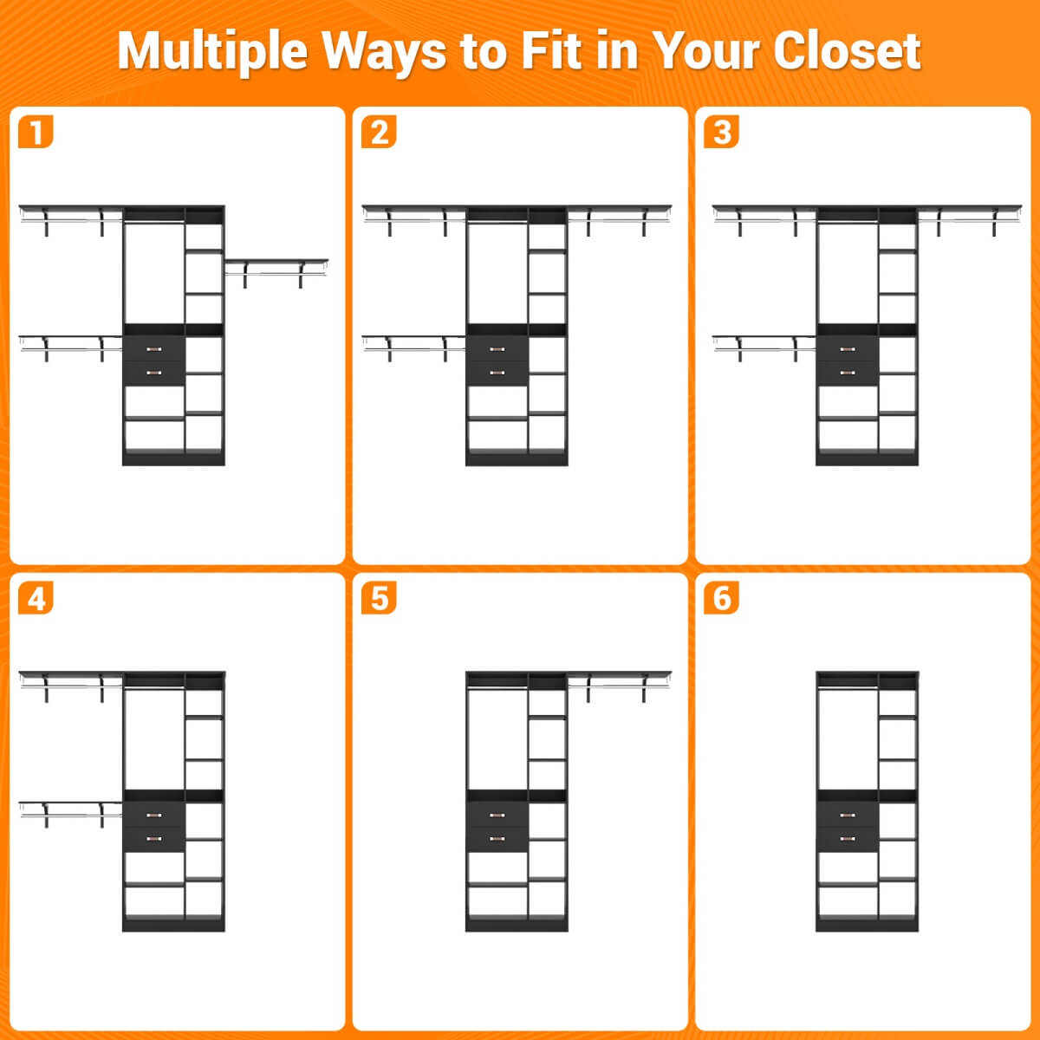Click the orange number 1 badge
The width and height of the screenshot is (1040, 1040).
(x=36, y=132)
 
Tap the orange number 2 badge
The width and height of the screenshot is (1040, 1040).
(x=379, y=132)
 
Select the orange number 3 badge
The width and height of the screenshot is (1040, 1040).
(x=722, y=132)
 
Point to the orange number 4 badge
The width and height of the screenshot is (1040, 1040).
(x=36, y=598)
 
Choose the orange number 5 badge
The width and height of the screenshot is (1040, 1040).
(x=379, y=598)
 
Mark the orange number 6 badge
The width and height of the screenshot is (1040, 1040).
(x=722, y=598)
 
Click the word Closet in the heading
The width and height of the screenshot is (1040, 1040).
(x=847, y=51)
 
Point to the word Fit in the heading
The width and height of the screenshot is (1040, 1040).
(x=551, y=51)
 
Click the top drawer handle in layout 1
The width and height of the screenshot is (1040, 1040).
(x=153, y=349)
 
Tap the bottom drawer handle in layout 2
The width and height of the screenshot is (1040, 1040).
(x=497, y=373)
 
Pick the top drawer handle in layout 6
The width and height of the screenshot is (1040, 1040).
(x=848, y=815)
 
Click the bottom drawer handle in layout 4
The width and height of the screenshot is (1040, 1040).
(x=153, y=838)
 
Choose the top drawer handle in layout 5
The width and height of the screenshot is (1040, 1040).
(x=497, y=815)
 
